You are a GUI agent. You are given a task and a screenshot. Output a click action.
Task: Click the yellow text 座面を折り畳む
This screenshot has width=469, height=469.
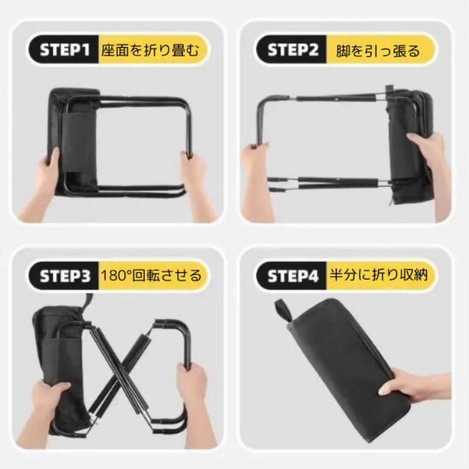150,50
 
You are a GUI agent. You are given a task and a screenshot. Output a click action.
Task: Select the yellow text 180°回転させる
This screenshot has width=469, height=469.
151,275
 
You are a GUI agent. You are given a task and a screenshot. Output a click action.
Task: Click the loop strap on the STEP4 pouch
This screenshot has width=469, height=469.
283,310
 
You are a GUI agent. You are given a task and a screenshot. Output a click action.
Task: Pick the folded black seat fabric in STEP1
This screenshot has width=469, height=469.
73,141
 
